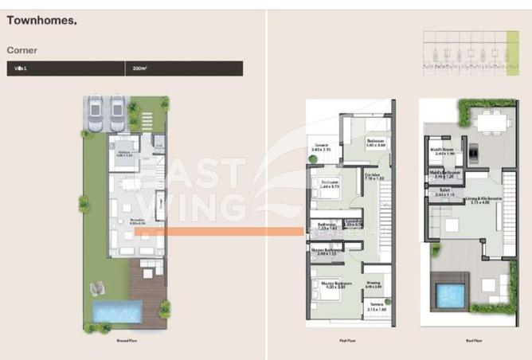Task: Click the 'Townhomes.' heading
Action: [42, 22]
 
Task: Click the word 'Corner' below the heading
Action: [22, 50]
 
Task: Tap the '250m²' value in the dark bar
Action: [140, 68]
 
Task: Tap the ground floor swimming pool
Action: [106, 312]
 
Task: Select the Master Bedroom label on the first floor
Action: [332, 283]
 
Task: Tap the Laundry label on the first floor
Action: [354, 222]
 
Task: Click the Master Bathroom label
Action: [327, 250]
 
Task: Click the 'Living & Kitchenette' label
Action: [485, 199]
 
